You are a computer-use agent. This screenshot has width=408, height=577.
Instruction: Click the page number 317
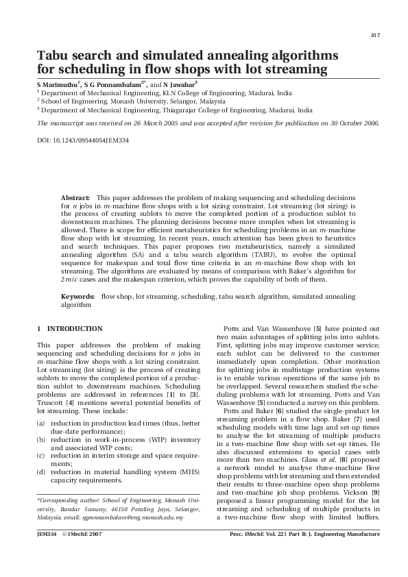pyautogui.click(x=374, y=35)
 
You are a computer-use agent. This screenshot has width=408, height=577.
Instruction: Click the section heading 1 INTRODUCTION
pyautogui.click(x=69, y=329)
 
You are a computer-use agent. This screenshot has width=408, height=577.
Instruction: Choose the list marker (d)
pyautogui.click(x=41, y=472)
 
